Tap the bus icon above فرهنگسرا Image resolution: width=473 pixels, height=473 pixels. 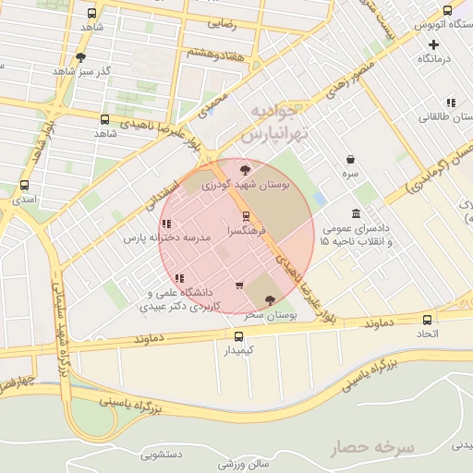[245, 215]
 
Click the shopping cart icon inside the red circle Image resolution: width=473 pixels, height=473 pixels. [240, 285]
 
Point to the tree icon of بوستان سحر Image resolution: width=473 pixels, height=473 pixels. [269, 299]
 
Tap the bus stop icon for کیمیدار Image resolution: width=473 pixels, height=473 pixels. [240, 336]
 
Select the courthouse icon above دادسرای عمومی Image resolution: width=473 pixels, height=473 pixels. [356, 214]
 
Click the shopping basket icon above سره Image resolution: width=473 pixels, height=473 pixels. [350, 159]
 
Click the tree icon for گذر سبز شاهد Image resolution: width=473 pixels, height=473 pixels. [80, 57]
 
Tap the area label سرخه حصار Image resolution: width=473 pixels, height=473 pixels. [367, 448]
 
